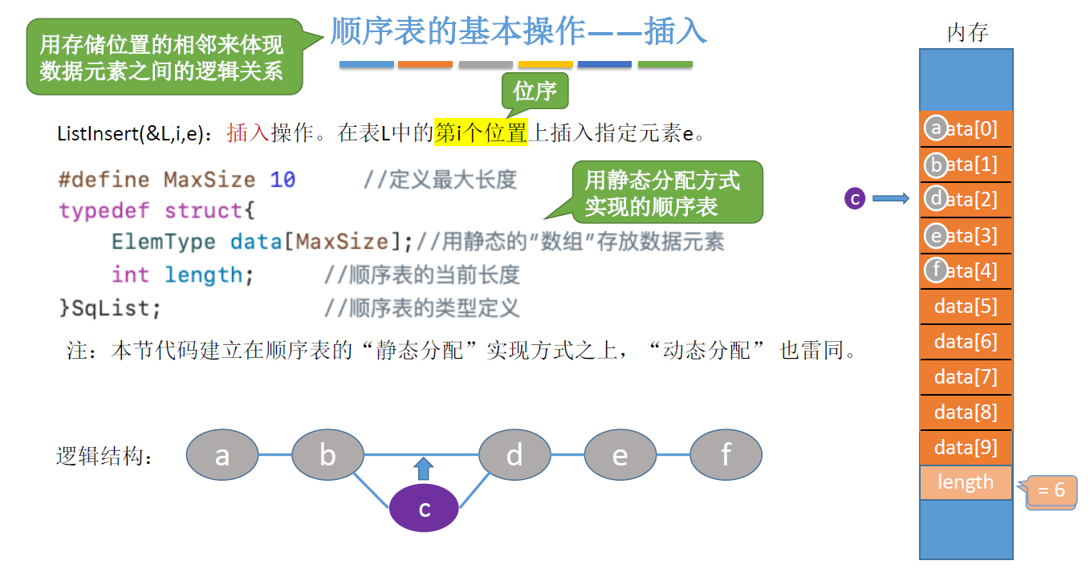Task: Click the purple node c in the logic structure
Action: (424, 509)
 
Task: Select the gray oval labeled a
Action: (222, 455)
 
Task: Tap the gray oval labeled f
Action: (726, 455)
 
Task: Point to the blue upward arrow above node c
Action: (425, 469)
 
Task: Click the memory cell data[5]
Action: (966, 307)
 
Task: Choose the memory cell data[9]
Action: (966, 447)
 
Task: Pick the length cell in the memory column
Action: (966, 482)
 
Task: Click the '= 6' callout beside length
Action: (1051, 490)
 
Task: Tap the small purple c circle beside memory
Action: (855, 198)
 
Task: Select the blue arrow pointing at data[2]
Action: (890, 198)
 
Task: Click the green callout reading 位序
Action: (535, 91)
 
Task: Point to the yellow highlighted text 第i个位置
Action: (481, 132)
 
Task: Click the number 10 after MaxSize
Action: (283, 179)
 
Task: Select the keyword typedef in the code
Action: (104, 211)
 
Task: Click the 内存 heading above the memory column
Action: (966, 33)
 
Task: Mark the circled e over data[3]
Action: (936, 236)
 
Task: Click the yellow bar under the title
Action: (545, 64)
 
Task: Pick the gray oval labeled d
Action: (514, 455)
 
